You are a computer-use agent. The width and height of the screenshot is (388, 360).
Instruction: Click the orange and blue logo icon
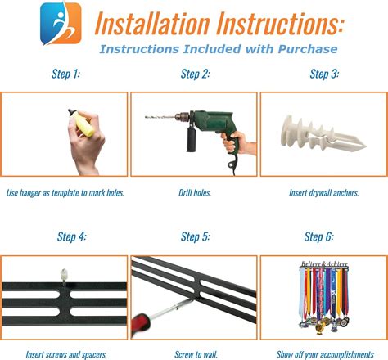(61, 24)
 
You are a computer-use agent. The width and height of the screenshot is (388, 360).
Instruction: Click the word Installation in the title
(152, 24)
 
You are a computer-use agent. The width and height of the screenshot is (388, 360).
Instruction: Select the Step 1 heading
(65, 74)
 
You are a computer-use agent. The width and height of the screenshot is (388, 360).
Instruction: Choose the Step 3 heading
(324, 74)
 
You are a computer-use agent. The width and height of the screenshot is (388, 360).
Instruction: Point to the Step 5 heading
(196, 236)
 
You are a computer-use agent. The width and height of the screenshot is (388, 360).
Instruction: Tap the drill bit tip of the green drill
(146, 117)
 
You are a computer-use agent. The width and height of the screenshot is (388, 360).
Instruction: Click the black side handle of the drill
(191, 139)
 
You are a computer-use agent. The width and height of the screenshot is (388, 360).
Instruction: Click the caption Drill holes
(195, 193)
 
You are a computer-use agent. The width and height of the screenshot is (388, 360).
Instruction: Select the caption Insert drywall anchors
(324, 193)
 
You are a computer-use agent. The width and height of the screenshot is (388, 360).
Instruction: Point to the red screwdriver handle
(142, 324)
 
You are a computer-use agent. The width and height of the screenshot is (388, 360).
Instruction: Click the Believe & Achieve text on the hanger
(324, 264)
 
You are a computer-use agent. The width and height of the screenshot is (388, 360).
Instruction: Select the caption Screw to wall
(196, 354)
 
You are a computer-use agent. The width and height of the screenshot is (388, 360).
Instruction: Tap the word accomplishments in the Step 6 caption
(345, 354)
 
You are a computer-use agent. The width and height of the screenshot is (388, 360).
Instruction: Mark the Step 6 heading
(318, 236)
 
